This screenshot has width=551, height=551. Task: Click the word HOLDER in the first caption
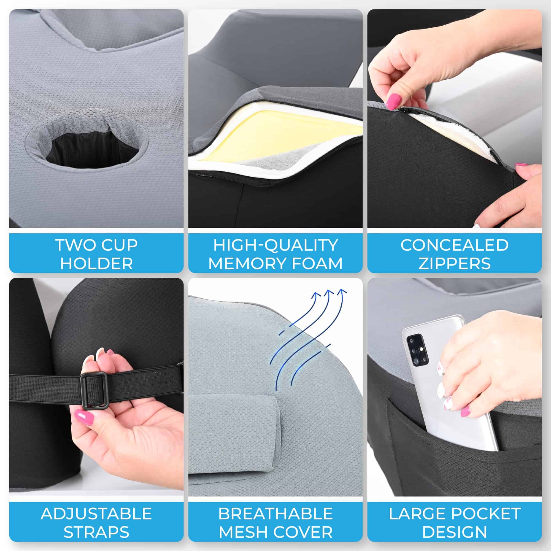[96, 264]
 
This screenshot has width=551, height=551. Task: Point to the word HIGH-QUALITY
[275, 245]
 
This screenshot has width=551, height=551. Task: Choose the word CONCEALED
[454, 245]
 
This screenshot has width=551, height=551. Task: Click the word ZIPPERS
[454, 264]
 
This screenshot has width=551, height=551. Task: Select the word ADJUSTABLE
[96, 514]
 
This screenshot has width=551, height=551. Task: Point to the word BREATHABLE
[275, 514]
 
